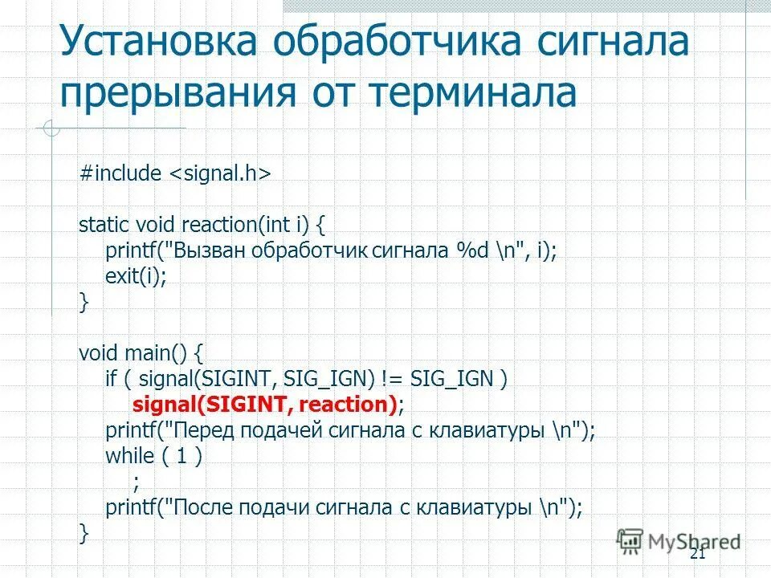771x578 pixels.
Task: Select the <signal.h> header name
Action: [218, 174]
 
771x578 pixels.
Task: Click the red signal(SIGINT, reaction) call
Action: [264, 404]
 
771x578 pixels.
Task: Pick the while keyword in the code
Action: [129, 456]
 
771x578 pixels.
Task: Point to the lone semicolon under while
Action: [136, 482]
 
